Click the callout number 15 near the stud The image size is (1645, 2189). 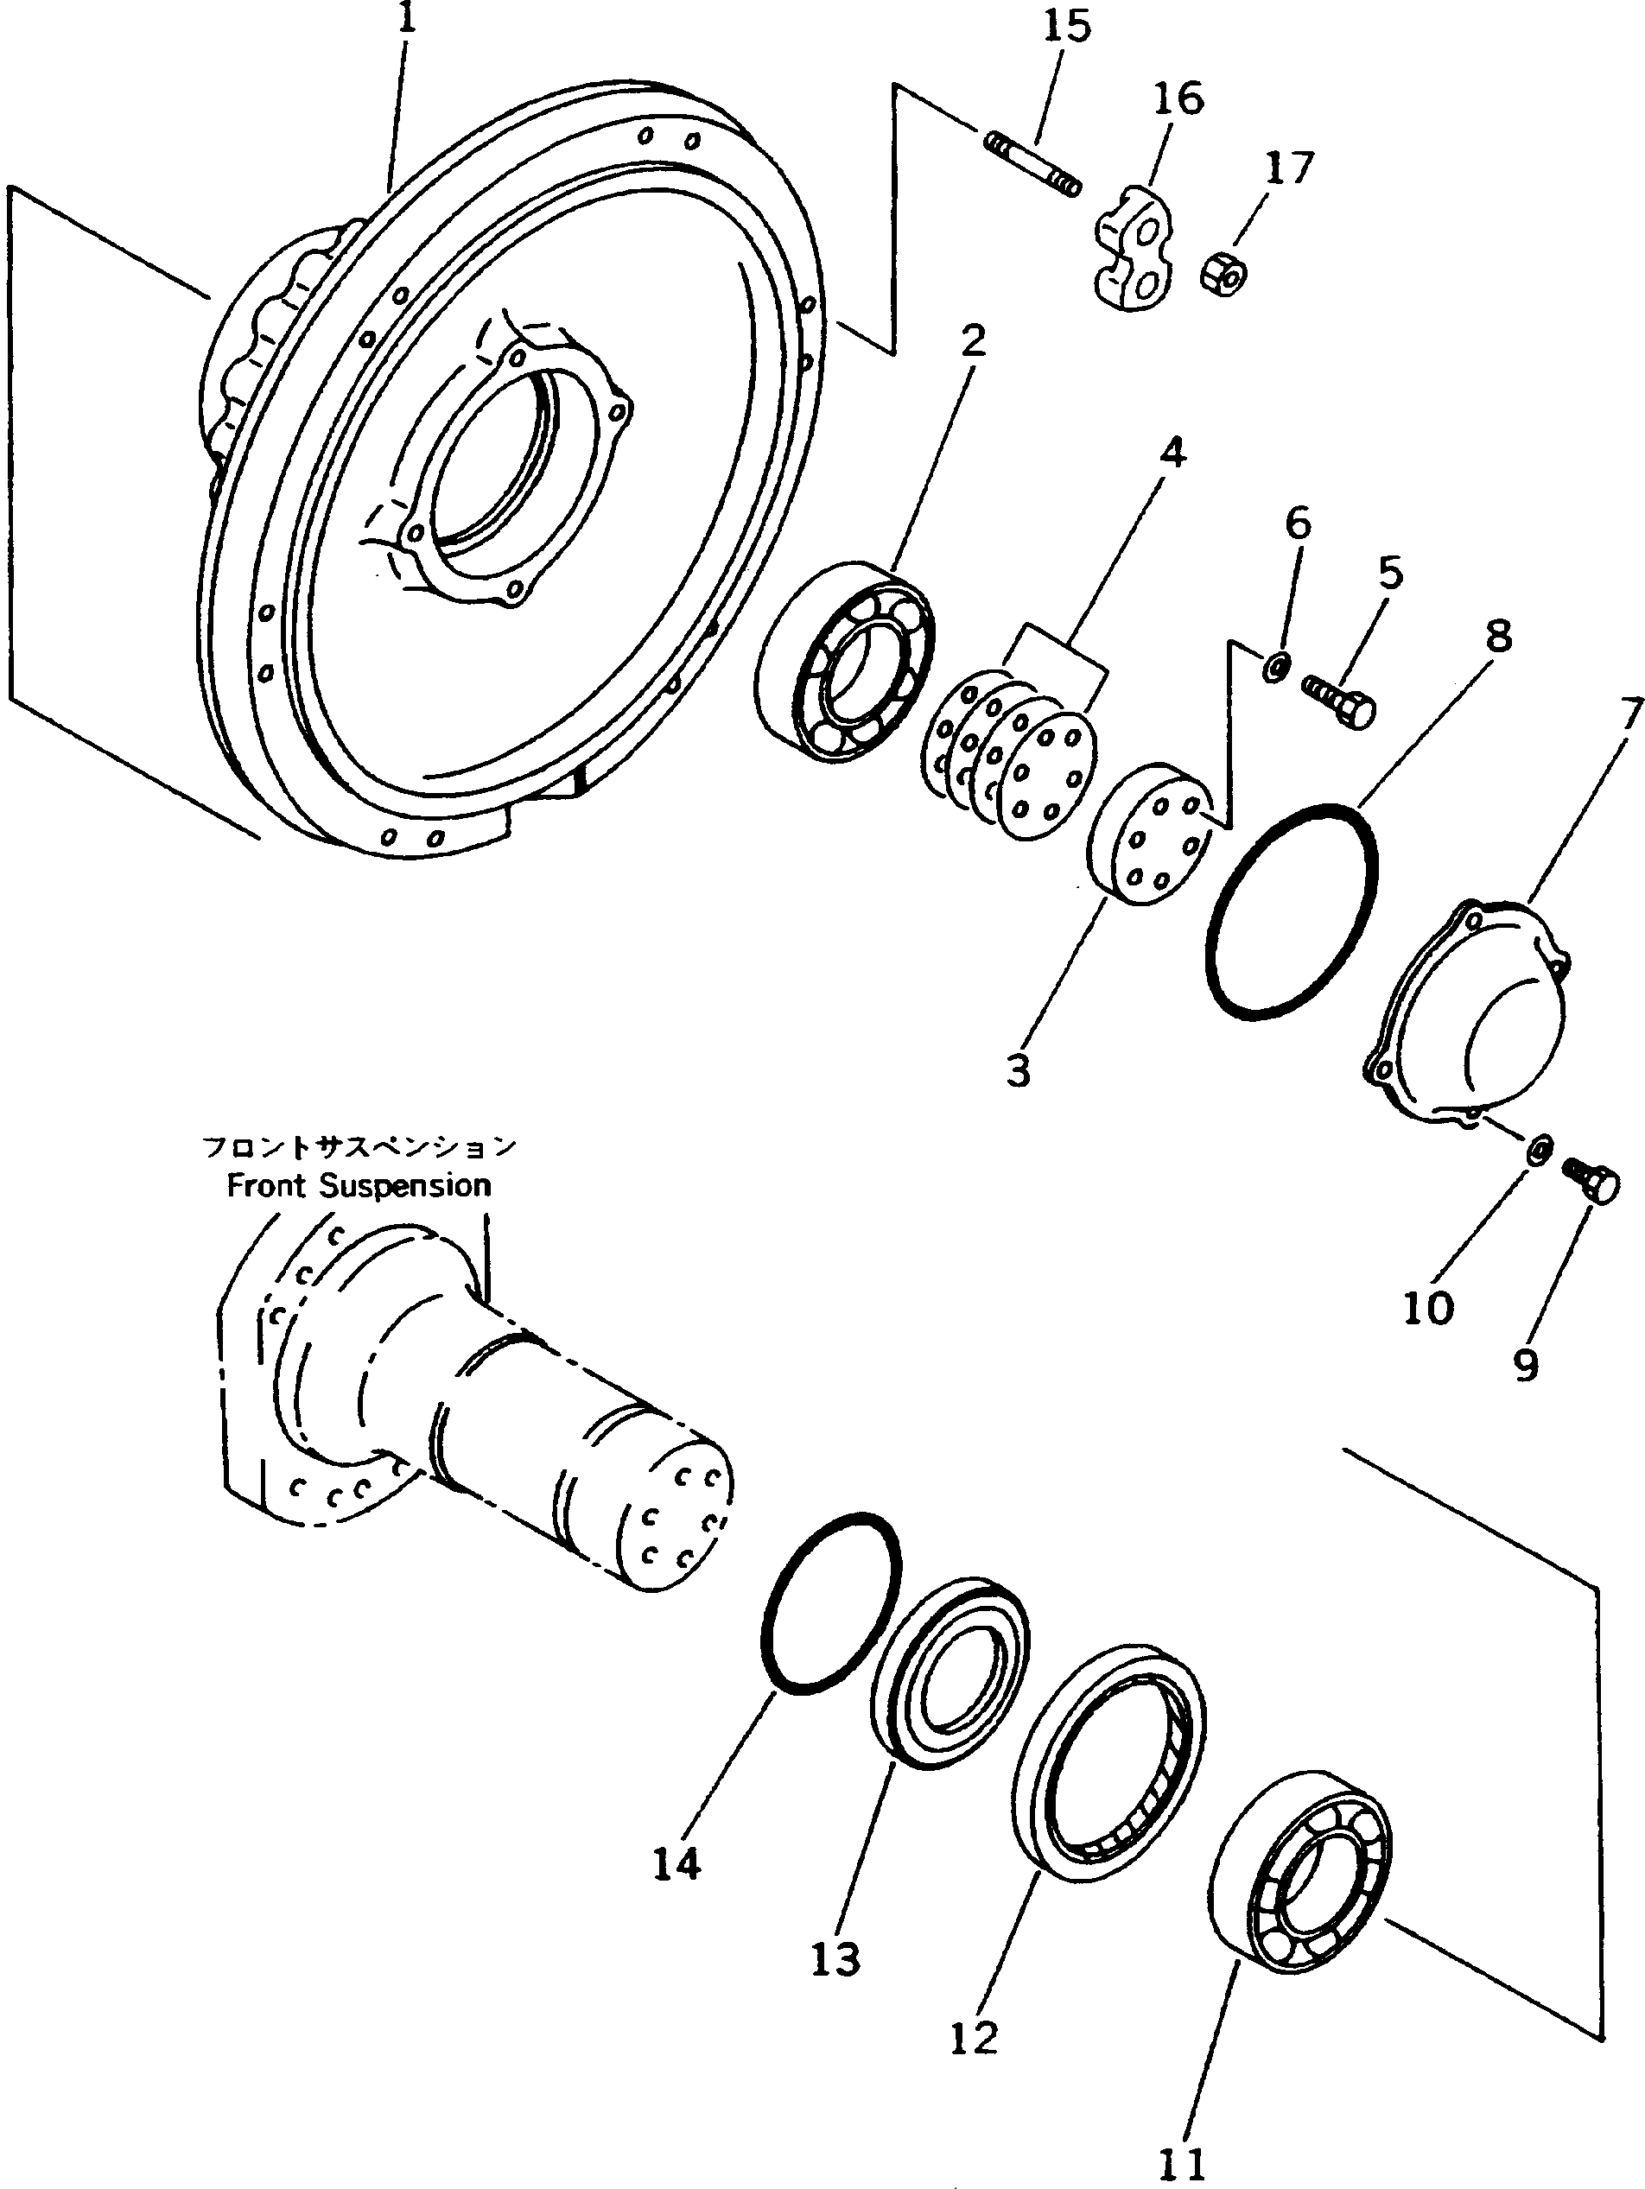[1066, 26]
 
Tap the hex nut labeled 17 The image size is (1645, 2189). [1225, 271]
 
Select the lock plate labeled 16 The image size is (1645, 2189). [1134, 244]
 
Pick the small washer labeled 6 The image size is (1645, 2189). [1275, 667]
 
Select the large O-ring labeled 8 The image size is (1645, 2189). [1291, 911]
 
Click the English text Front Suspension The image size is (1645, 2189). [359, 1185]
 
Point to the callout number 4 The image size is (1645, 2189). [1171, 454]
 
